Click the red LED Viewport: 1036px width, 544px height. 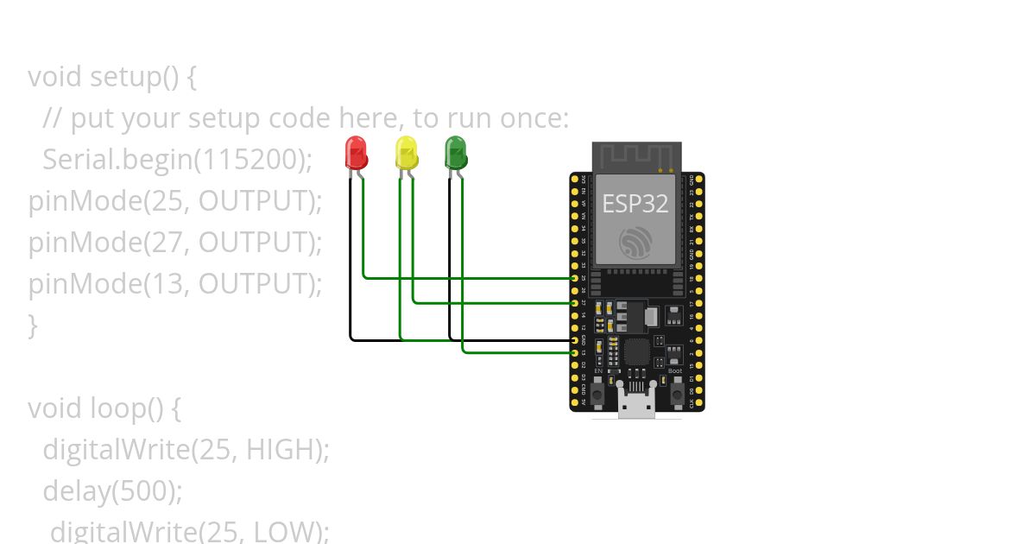[356, 153]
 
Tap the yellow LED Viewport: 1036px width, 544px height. [406, 153]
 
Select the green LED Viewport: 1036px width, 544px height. [455, 153]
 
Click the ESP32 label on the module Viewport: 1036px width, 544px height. [635, 204]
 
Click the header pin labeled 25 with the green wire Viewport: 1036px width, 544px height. [575, 278]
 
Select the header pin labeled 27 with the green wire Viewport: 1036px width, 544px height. [575, 303]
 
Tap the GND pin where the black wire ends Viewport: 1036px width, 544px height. [575, 340]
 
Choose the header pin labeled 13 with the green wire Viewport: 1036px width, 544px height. [575, 352]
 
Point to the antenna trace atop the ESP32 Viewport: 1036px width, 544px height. [636, 156]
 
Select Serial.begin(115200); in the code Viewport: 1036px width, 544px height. [177, 160]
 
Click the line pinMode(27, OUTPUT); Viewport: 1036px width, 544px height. [175, 243]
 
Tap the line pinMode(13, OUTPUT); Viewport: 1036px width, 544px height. [175, 283]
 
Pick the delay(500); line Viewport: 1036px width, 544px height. [112, 490]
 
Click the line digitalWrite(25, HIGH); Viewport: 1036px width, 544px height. [186, 449]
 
